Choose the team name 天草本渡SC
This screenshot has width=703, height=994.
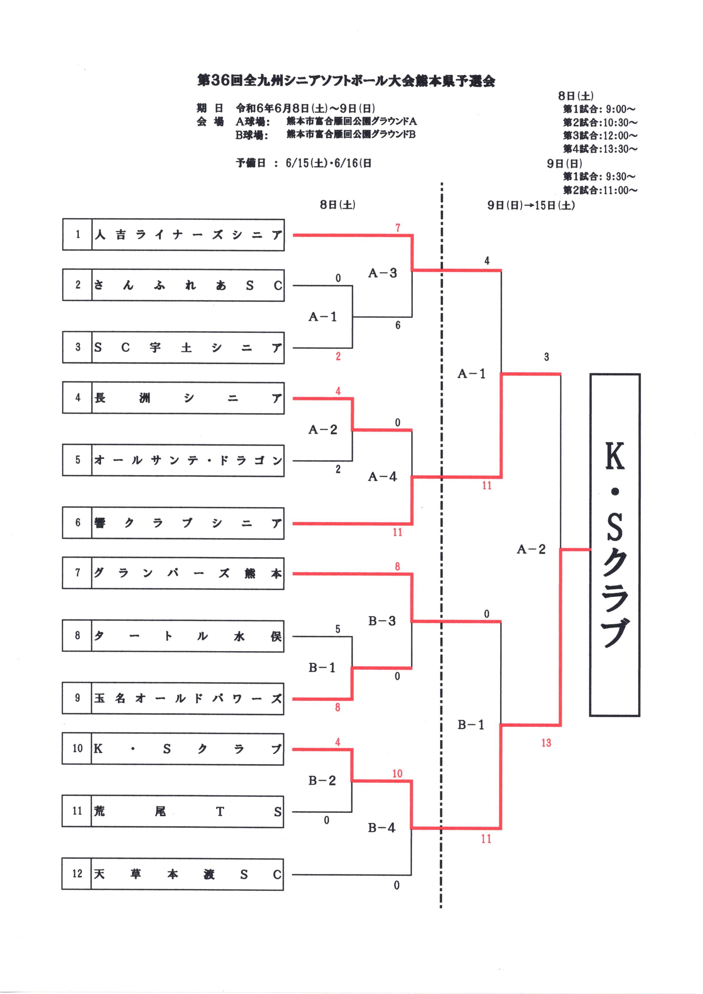pyautogui.click(x=187, y=874)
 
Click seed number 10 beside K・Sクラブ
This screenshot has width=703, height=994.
pyautogui.click(x=77, y=748)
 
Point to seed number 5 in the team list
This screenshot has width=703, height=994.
pyautogui.click(x=77, y=460)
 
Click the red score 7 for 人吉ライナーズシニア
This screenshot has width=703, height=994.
pyautogui.click(x=398, y=228)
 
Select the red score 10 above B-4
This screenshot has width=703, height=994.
pyautogui.click(x=397, y=774)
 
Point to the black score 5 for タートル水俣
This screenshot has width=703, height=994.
pyautogui.click(x=338, y=629)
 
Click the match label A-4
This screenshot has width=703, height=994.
pyautogui.click(x=382, y=477)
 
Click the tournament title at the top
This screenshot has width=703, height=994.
pyautogui.click(x=346, y=81)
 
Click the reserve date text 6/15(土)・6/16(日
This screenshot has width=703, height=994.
pyautogui.click(x=328, y=163)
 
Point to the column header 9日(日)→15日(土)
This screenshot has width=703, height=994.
pyautogui.click(x=531, y=205)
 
